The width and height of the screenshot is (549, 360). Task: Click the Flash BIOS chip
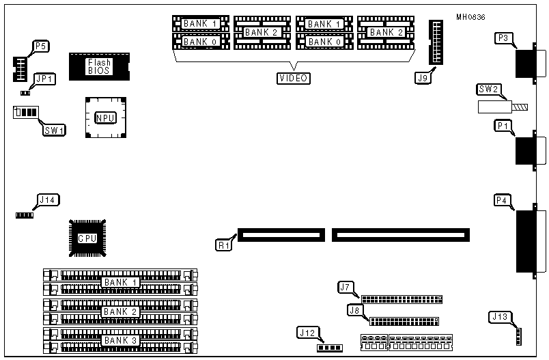pyautogui.click(x=98, y=67)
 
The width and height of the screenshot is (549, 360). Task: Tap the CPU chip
pyautogui.click(x=87, y=238)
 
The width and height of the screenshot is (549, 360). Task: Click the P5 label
pyautogui.click(x=40, y=46)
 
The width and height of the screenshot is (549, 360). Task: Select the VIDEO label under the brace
pyautogui.click(x=293, y=78)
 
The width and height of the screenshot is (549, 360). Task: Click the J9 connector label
pyautogui.click(x=423, y=77)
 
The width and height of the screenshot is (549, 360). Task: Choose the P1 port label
pyautogui.click(x=503, y=126)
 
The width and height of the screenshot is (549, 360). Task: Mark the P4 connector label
pyautogui.click(x=502, y=200)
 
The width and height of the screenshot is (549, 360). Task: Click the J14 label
pyautogui.click(x=48, y=199)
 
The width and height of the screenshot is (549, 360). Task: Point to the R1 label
pyautogui.click(x=224, y=243)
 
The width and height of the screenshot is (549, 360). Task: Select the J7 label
pyautogui.click(x=345, y=287)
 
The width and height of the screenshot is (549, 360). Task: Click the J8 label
pyautogui.click(x=354, y=310)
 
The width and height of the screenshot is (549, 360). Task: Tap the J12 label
pyautogui.click(x=307, y=333)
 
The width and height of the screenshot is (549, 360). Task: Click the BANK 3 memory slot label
pyautogui.click(x=120, y=340)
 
